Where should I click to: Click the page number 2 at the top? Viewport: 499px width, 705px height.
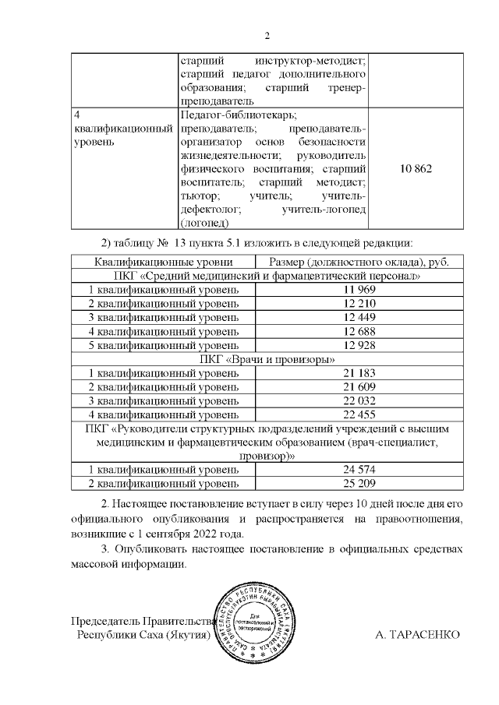(x=267, y=36)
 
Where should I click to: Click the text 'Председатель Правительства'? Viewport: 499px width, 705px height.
(x=143, y=622)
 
